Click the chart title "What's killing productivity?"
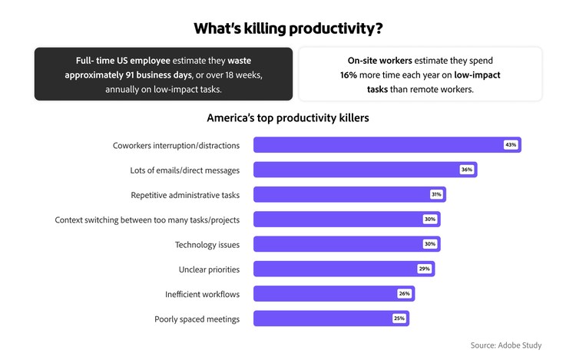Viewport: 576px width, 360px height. (288, 28)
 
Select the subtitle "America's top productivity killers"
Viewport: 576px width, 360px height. (288, 118)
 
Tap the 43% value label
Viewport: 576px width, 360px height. (511, 144)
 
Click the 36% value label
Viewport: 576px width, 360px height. (466, 170)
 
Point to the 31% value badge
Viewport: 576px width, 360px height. (436, 194)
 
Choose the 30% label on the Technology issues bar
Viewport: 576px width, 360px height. (430, 244)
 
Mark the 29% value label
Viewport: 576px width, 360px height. (424, 269)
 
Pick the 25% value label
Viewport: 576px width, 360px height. (399, 319)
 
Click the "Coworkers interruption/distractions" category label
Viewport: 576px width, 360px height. (176, 145)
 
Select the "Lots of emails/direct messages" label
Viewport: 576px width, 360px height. (185, 170)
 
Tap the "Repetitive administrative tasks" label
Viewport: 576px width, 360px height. (185, 195)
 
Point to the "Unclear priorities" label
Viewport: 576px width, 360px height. (209, 269)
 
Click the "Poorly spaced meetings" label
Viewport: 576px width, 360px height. (197, 319)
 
